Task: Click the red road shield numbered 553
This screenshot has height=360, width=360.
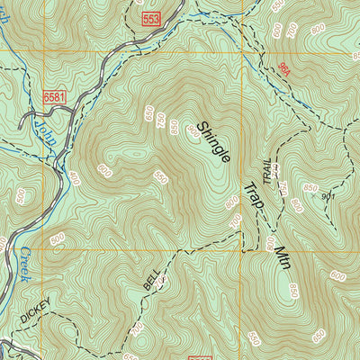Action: click(x=150, y=20)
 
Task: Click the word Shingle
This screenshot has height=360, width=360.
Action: click(x=213, y=142)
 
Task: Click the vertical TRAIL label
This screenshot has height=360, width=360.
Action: click(x=265, y=170)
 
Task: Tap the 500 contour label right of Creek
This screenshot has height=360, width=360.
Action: click(x=57, y=239)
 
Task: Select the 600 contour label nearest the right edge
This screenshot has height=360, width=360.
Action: click(x=338, y=275)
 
